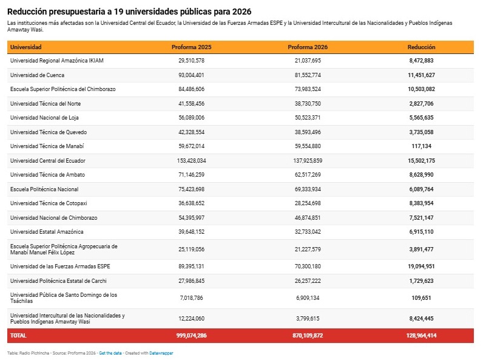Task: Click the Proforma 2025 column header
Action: (191, 47)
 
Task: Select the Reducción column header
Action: (421, 47)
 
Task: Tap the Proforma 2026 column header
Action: (308, 47)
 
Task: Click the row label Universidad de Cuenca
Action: (37, 75)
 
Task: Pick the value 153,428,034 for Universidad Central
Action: (191, 161)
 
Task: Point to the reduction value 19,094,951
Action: (421, 267)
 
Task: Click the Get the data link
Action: (110, 353)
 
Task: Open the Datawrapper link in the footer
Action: (161, 353)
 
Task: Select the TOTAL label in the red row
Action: (18, 336)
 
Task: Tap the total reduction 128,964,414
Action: (421, 336)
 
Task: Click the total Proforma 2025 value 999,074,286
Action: (191, 336)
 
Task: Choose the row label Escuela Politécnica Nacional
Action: (44, 189)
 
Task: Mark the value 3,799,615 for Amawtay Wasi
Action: (308, 319)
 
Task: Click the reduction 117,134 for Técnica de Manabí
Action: (421, 146)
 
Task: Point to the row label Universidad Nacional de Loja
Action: (44, 118)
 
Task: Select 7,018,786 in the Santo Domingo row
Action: (191, 298)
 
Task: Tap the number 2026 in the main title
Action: (241, 12)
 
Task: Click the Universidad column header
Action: (25, 47)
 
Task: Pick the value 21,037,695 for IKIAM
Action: (308, 61)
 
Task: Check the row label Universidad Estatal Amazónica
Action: (47, 232)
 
